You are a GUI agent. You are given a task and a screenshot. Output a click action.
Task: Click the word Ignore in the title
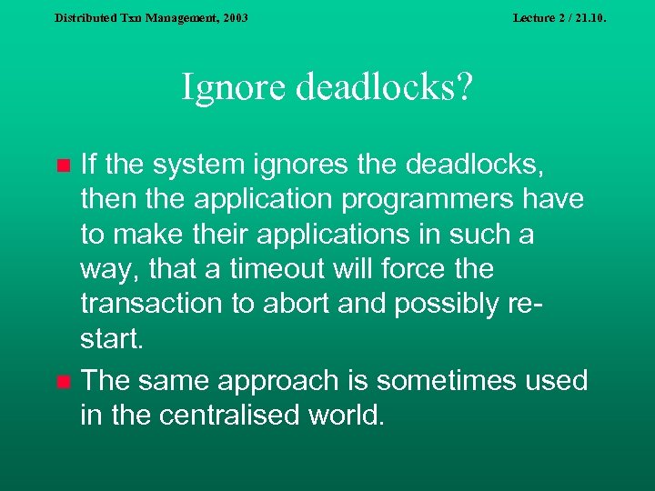[x=227, y=89]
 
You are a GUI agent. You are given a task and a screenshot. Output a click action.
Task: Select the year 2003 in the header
[x=234, y=17]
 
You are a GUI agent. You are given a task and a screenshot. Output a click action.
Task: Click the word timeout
[x=283, y=269]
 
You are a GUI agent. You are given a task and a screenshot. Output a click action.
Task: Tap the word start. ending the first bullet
[x=112, y=339]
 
